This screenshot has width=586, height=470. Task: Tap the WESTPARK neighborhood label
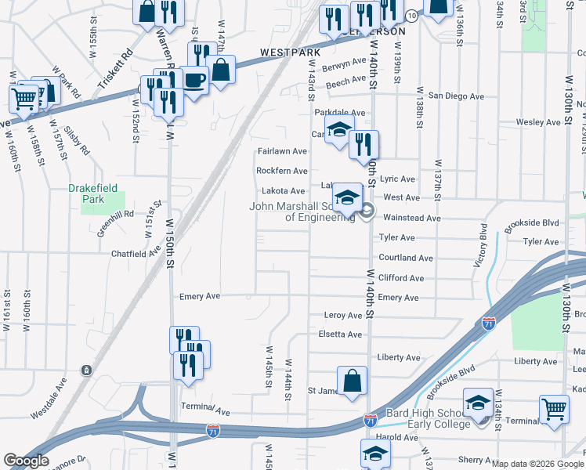coord(291,52)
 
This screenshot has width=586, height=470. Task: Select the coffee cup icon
coord(194,80)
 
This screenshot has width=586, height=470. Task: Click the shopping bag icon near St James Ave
coord(353,381)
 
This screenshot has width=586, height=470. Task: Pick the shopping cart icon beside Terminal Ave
coord(554,409)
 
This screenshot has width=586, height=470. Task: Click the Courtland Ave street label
coord(406,258)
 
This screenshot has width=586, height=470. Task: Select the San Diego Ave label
coord(456,96)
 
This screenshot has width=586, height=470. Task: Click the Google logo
coord(26,461)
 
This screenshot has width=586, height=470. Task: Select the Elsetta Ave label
coord(343,334)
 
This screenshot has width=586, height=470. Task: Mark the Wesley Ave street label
coord(538,123)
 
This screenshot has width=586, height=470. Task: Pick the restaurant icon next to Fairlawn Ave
coord(364,145)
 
